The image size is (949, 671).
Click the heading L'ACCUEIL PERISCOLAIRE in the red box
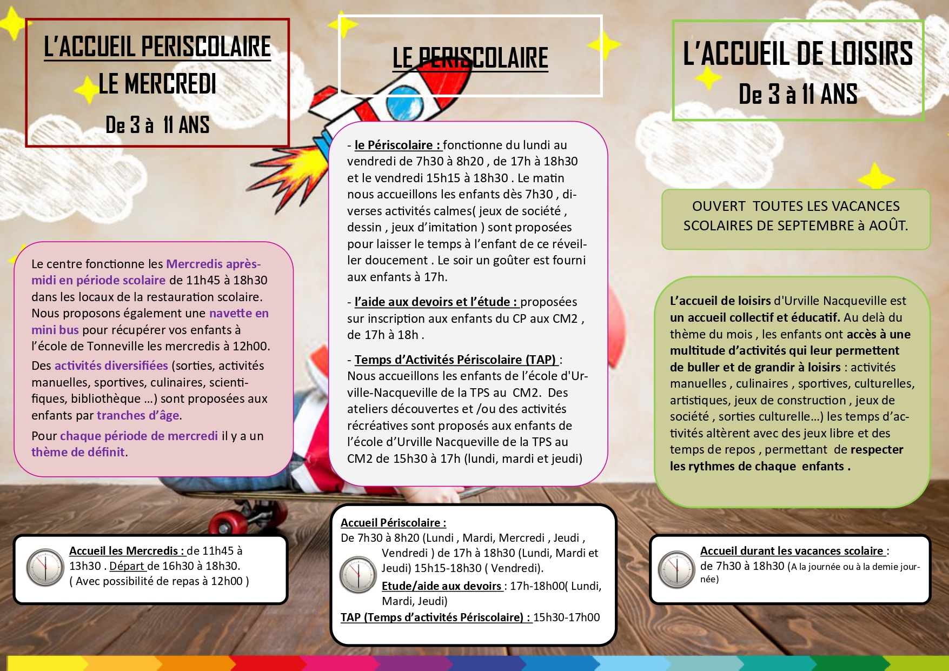tap(157, 46)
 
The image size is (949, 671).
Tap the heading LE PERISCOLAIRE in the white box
tap(470, 58)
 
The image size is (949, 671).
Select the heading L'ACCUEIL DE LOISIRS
tap(798, 54)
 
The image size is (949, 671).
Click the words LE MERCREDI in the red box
tap(157, 84)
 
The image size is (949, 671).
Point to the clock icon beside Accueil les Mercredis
tap(45, 567)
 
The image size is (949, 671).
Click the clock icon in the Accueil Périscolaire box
tap(357, 574)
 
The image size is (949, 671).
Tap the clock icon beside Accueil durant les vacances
tap(676, 569)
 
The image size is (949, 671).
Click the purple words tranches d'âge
tap(138, 415)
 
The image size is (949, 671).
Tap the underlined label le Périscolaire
tap(398, 145)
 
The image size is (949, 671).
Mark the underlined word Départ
tap(128, 566)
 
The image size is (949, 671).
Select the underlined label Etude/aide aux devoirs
tap(442, 586)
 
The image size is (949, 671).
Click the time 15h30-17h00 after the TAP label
tap(566, 617)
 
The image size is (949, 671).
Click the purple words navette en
tap(238, 313)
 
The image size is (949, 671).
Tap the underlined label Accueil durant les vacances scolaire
tap(792, 551)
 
